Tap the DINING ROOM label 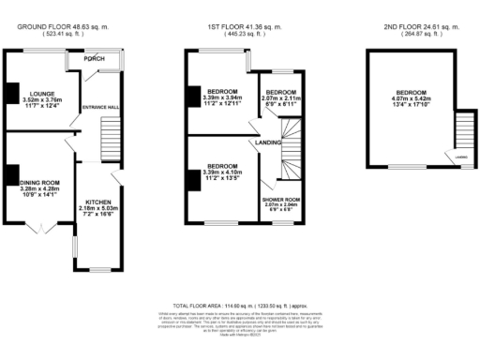pyautogui.click(x=39, y=182)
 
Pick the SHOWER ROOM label pyautogui.click(x=280, y=200)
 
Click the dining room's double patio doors pyautogui.click(x=37, y=228)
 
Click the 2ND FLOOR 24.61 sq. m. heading pyautogui.click(x=412, y=27)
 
